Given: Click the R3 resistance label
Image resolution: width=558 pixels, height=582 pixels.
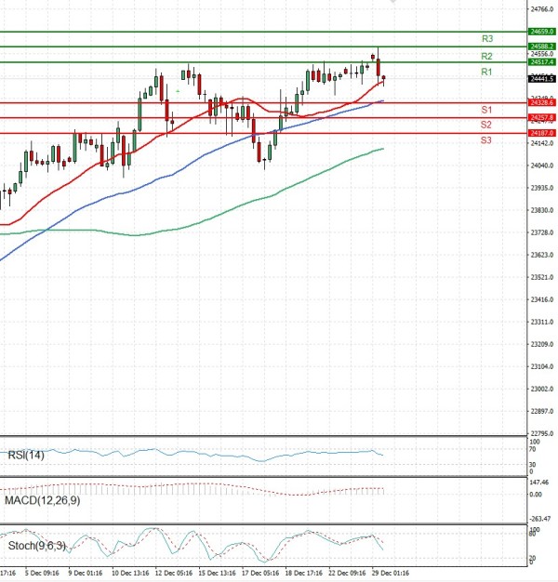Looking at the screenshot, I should pyautogui.click(x=486, y=39).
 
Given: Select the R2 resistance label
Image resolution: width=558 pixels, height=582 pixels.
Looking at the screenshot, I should pyautogui.click(x=486, y=57).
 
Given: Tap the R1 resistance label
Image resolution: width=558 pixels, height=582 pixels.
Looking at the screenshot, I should pyautogui.click(x=486, y=72).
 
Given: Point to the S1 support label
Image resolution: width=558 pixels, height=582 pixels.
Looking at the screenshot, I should pyautogui.click(x=486, y=110).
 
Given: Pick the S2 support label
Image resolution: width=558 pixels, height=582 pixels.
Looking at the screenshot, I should pyautogui.click(x=486, y=125).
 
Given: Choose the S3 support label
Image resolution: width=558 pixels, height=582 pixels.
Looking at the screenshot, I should pyautogui.click(x=486, y=139).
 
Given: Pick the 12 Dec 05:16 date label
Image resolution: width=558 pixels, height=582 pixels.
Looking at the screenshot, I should pyautogui.click(x=173, y=574).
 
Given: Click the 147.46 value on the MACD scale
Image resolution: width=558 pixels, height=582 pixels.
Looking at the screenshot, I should pyautogui.click(x=539, y=483).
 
